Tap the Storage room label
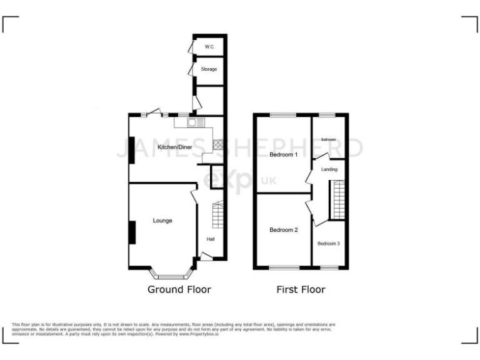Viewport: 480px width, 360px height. [209, 69]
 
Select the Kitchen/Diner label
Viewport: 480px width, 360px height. [175, 147]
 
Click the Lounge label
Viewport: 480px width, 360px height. [162, 221]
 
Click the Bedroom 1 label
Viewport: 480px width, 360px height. [284, 154]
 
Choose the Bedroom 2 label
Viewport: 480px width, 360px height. [284, 230]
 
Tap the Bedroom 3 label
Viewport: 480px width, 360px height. [329, 244]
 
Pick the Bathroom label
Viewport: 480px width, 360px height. [329, 139]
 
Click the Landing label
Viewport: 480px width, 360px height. [329, 169]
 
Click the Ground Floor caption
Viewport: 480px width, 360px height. [179, 289]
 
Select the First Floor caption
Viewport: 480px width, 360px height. [301, 289]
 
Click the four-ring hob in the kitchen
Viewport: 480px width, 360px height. [219, 145]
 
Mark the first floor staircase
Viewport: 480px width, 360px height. [338, 199]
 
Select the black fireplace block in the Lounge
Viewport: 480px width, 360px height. [132, 232]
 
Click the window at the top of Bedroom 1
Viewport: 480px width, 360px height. [284, 115]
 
